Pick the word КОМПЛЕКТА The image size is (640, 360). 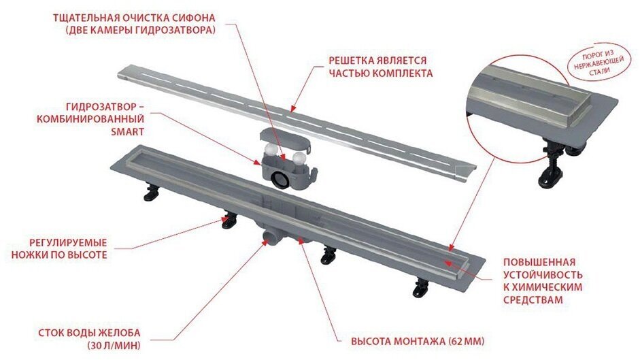[405, 73]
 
